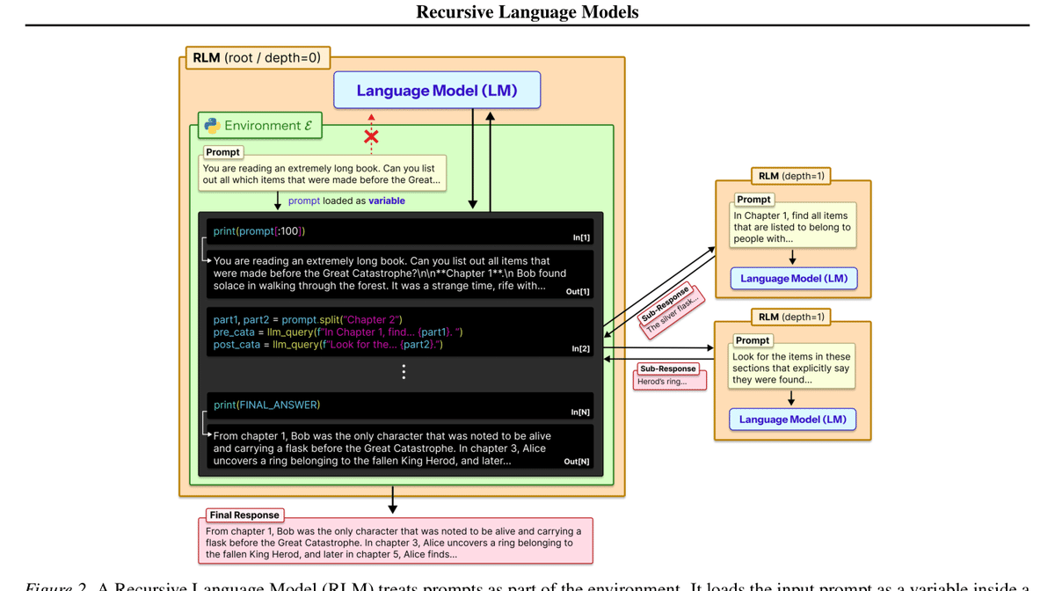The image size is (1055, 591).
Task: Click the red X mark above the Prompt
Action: coord(371,136)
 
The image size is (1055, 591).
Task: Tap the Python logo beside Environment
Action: coord(212,126)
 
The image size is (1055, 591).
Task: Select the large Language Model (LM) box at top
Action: coord(437,91)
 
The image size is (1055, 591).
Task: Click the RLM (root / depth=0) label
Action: coord(257,58)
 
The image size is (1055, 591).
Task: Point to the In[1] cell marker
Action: coord(581,237)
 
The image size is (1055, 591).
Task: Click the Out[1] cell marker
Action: coord(578,291)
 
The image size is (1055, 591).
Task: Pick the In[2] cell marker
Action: coord(581,349)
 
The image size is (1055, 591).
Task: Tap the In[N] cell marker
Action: coord(580,412)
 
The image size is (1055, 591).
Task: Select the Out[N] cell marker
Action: coord(577,461)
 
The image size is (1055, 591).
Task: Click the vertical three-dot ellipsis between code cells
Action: coord(404,372)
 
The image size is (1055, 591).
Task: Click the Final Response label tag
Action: coord(244,515)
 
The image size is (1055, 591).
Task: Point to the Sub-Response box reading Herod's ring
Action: coord(669,376)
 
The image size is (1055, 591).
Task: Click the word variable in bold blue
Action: coord(387,201)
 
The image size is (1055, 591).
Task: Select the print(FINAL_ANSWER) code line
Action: coord(266,405)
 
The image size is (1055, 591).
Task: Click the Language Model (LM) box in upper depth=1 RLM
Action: coord(794,279)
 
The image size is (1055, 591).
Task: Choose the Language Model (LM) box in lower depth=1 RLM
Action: coord(792,420)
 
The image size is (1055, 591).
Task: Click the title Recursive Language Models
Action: coord(527,11)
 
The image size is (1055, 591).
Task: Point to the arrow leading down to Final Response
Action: coord(393,500)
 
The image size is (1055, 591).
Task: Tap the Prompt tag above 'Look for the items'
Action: coord(753,340)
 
